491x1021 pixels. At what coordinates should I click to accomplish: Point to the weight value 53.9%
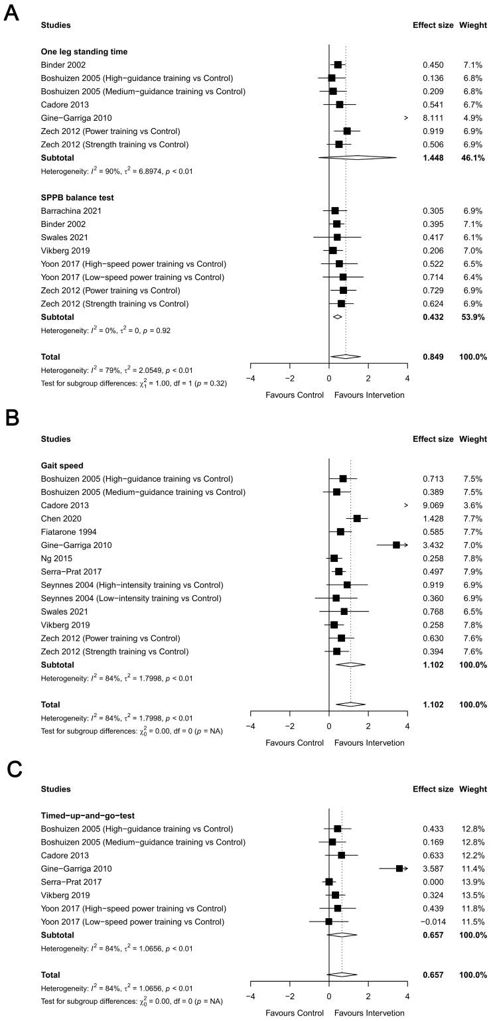point(473,316)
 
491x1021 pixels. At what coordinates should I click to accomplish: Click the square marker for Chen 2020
point(357,518)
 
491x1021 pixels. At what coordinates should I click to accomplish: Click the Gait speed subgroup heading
point(60,465)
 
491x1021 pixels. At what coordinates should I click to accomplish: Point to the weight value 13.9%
point(473,882)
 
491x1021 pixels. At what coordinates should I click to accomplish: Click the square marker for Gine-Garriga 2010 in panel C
point(399,868)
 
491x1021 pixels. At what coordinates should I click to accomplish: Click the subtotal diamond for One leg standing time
point(357,157)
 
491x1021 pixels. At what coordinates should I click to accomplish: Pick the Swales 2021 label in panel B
point(64,611)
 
